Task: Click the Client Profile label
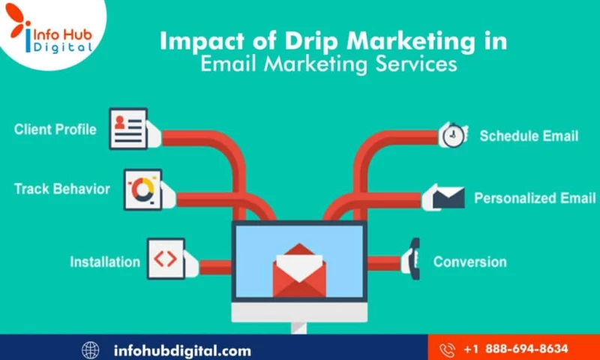point(55,129)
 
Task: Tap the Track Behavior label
point(61,188)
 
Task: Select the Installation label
point(105,262)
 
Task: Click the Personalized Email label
point(535,199)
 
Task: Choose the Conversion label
point(469,262)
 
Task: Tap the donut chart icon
point(142,189)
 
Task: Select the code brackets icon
point(165,259)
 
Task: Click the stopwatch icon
point(452,135)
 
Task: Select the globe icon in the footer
point(91,349)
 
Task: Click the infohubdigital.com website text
point(181,349)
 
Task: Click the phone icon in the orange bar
point(448,349)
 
